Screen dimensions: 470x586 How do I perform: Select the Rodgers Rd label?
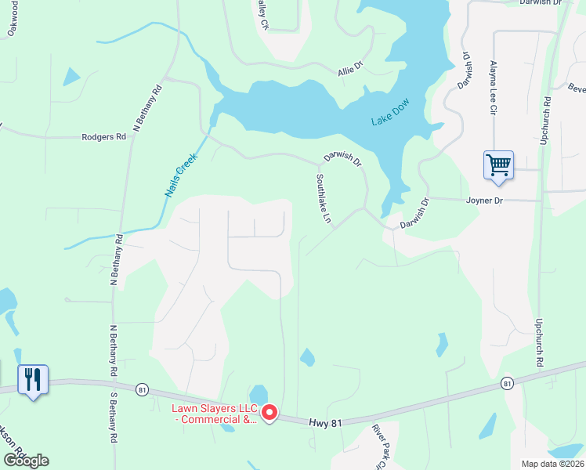pyautogui.click(x=103, y=137)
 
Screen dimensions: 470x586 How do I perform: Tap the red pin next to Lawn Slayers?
pyautogui.click(x=269, y=411)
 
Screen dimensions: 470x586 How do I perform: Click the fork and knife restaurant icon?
pyautogui.click(x=33, y=380)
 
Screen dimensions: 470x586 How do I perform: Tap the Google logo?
pyautogui.click(x=26, y=461)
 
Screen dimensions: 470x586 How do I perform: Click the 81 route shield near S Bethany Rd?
pyautogui.click(x=142, y=389)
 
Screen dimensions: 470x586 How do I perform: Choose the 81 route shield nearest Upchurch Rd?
pyautogui.click(x=507, y=383)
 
